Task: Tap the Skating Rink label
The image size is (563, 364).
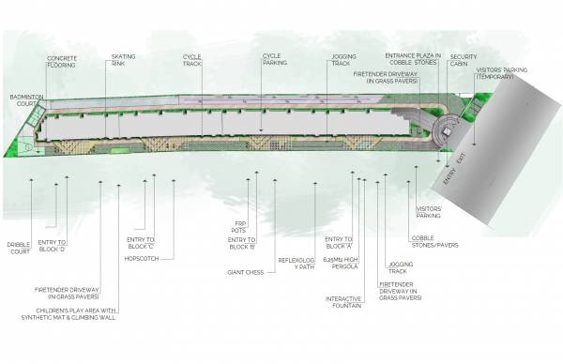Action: (x=124, y=60)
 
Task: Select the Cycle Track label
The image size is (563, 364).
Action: (x=191, y=60)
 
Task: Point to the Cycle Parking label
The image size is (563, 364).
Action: (x=272, y=60)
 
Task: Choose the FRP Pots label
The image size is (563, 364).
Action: (x=241, y=228)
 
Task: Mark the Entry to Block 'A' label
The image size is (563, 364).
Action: (x=338, y=243)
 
